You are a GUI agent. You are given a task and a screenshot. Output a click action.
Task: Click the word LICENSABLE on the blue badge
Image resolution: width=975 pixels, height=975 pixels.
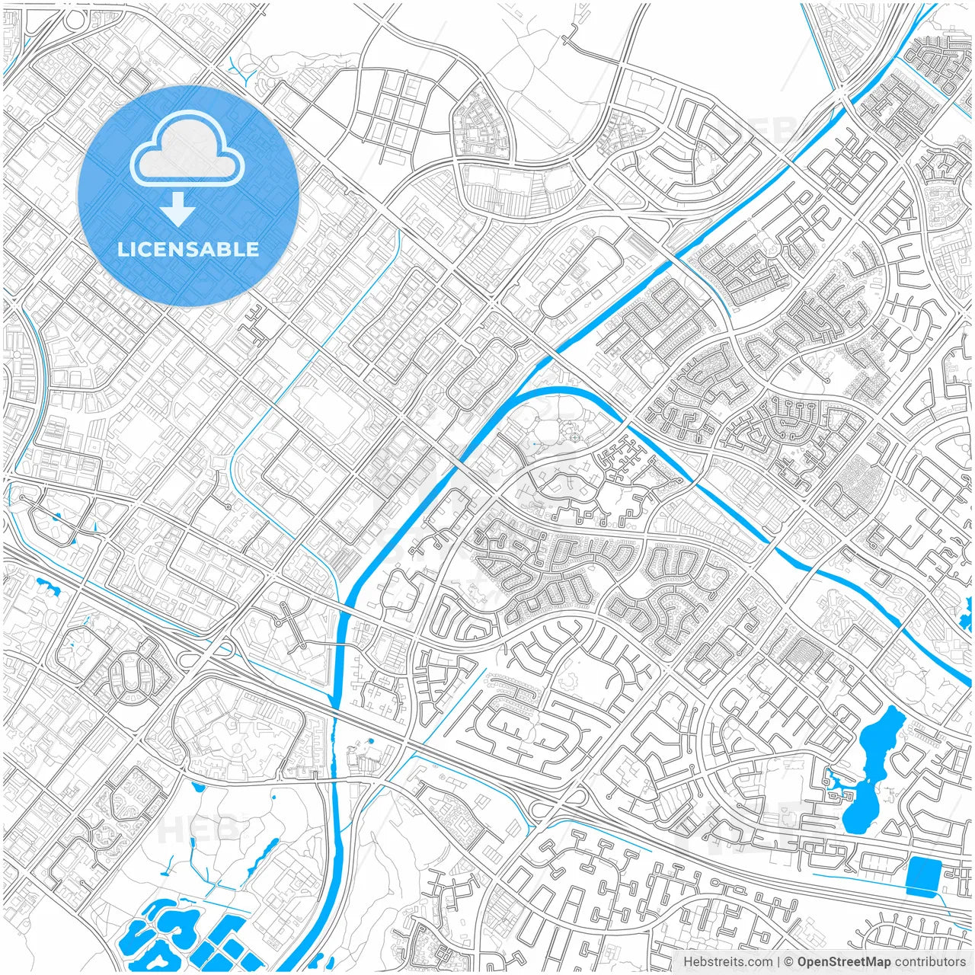tap(188, 249)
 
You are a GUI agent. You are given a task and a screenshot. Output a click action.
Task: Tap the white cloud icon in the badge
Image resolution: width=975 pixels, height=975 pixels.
tap(187, 150)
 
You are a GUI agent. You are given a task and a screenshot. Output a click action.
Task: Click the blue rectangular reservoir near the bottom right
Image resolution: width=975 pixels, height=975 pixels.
tap(923, 877)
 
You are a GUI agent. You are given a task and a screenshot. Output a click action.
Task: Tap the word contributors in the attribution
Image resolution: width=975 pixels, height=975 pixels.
tap(929, 962)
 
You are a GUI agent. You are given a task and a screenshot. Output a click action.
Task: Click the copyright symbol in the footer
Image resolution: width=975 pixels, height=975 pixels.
tap(789, 962)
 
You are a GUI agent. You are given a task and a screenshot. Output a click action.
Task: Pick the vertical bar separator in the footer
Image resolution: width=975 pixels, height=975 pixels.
tap(778, 962)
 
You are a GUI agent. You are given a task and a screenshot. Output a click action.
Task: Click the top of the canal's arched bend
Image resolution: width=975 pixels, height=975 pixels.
tap(560, 390)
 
